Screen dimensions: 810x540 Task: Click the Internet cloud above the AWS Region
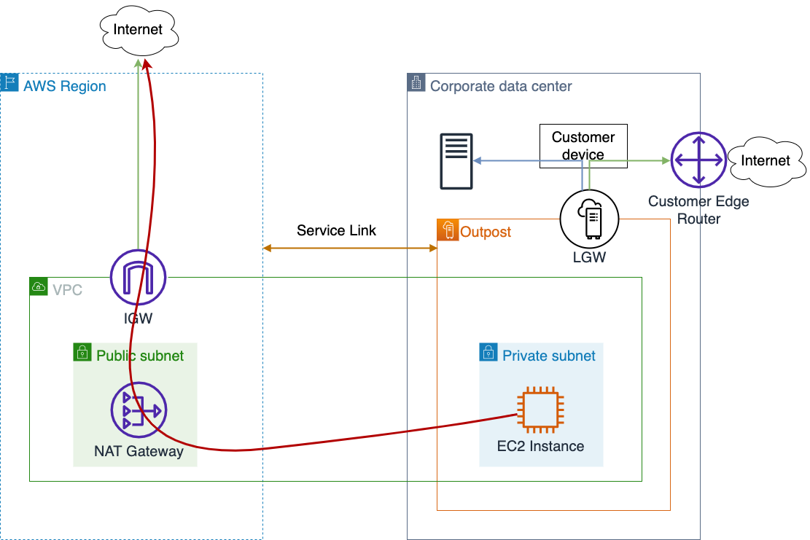139,30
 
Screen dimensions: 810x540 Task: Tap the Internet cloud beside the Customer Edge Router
766,161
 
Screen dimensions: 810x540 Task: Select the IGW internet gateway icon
138,277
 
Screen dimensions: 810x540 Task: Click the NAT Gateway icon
139,410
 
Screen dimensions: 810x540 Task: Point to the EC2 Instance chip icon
540,410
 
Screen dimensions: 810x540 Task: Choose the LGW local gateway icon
589,219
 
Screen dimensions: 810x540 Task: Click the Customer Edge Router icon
698,160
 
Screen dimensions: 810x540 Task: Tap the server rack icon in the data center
456,161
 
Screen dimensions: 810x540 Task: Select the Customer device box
583,146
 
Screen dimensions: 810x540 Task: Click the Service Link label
336,230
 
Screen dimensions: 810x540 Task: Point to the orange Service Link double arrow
350,249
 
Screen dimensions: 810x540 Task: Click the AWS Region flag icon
9,82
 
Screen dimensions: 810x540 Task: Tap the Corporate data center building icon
416,82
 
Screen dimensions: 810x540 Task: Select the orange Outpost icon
448,230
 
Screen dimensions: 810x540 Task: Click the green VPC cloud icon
39,286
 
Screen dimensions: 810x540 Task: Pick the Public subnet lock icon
82,352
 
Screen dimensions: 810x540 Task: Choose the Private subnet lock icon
488,352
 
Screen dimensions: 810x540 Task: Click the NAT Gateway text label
139,451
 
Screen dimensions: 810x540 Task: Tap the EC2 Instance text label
540,446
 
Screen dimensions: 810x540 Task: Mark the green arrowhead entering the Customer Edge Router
666,160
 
